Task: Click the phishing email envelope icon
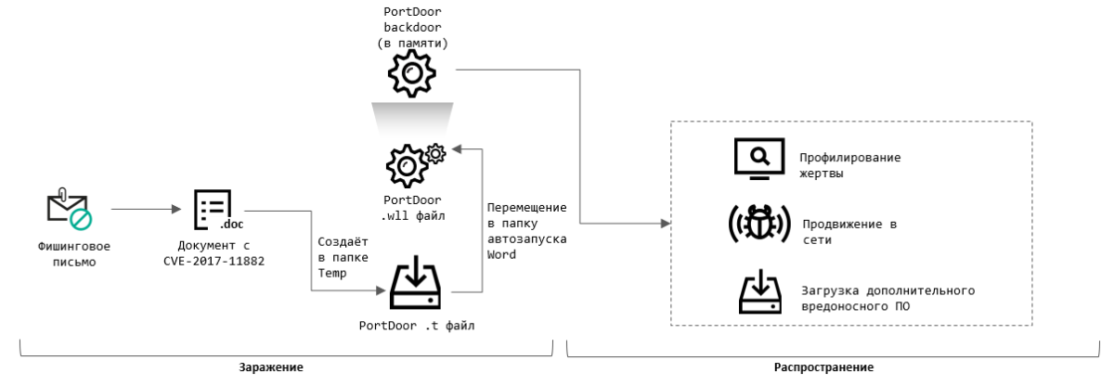coord(69,208)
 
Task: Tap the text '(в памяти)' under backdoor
coord(409,43)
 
